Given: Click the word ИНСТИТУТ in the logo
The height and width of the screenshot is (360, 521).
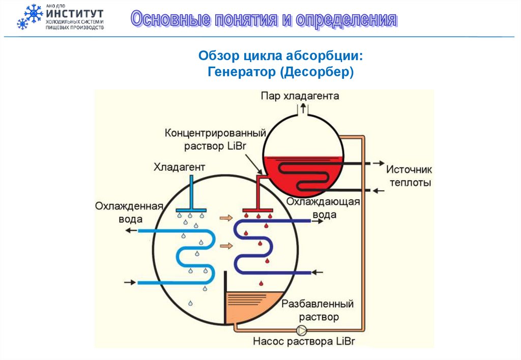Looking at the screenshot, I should (75, 14).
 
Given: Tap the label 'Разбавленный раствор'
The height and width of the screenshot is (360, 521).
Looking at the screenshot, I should (317, 311).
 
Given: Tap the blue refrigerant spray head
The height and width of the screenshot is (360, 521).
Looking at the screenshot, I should (191, 209).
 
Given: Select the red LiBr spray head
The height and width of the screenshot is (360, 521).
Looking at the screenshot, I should (258, 209).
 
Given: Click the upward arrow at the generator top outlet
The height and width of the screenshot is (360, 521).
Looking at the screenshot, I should (304, 108).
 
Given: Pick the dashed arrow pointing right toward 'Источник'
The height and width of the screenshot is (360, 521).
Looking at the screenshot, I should (375, 163).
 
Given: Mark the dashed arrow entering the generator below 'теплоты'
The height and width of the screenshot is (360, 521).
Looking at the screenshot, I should (376, 190).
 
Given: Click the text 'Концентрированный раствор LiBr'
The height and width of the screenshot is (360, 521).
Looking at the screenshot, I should (216, 139).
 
